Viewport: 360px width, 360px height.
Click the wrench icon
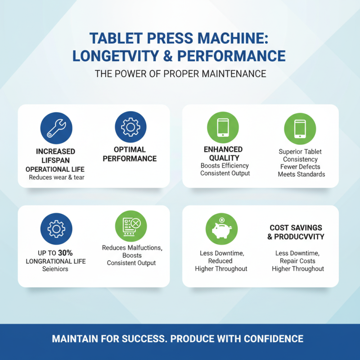click(56, 128)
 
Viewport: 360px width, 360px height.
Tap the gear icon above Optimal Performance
click(130, 127)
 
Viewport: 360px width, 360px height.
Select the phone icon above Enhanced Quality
click(223, 128)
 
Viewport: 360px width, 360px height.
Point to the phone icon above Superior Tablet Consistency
click(300, 129)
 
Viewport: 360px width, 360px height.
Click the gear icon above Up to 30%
click(56, 229)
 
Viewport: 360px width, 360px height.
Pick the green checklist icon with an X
click(130, 226)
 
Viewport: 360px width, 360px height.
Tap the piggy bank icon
click(221, 229)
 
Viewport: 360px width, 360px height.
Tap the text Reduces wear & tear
click(57, 177)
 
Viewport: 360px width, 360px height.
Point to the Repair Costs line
click(297, 261)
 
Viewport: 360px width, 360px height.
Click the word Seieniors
click(55, 269)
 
